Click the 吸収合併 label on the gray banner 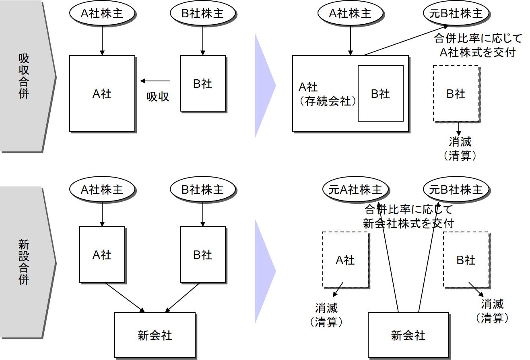click(x=24, y=77)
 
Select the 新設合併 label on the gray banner click(x=24, y=262)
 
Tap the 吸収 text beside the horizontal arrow click(x=158, y=97)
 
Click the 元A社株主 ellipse click(x=355, y=190)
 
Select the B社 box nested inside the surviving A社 click(x=380, y=93)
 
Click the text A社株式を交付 click(x=478, y=52)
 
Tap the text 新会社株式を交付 click(x=408, y=223)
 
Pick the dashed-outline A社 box click(x=345, y=260)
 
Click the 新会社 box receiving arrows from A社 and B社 click(x=155, y=335)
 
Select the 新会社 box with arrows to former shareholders click(x=408, y=335)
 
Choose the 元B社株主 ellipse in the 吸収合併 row click(x=456, y=13)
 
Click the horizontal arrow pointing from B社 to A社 click(x=155, y=81)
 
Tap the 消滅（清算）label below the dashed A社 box click(x=326, y=315)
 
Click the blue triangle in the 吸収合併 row click(x=264, y=85)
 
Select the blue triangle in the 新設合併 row click(x=264, y=271)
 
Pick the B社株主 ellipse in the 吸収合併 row click(x=202, y=13)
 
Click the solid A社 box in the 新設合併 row click(x=102, y=254)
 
